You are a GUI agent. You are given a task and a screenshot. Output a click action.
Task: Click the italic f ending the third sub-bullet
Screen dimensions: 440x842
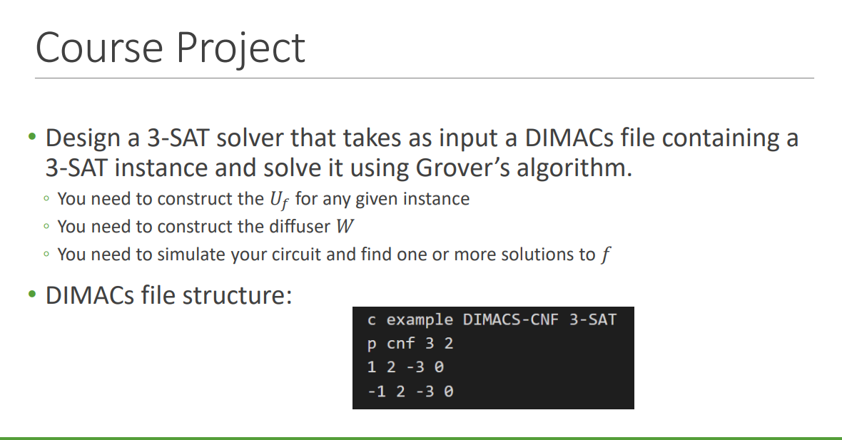click(605, 255)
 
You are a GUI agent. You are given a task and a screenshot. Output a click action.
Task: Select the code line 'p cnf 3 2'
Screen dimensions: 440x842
click(410, 343)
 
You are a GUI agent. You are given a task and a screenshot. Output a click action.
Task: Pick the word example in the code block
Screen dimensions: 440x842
click(420, 319)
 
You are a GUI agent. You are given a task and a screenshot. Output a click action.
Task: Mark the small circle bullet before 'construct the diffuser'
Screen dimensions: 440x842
click(46, 227)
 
